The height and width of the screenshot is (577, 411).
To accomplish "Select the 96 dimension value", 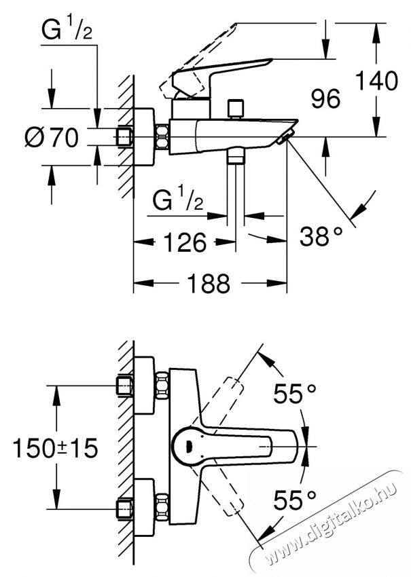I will pos(325,100).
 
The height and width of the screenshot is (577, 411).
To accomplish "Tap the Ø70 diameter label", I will pos(51,137).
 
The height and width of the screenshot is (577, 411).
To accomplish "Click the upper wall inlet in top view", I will pos(125,385).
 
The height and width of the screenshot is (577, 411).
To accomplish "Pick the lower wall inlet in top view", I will pos(125,507).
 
